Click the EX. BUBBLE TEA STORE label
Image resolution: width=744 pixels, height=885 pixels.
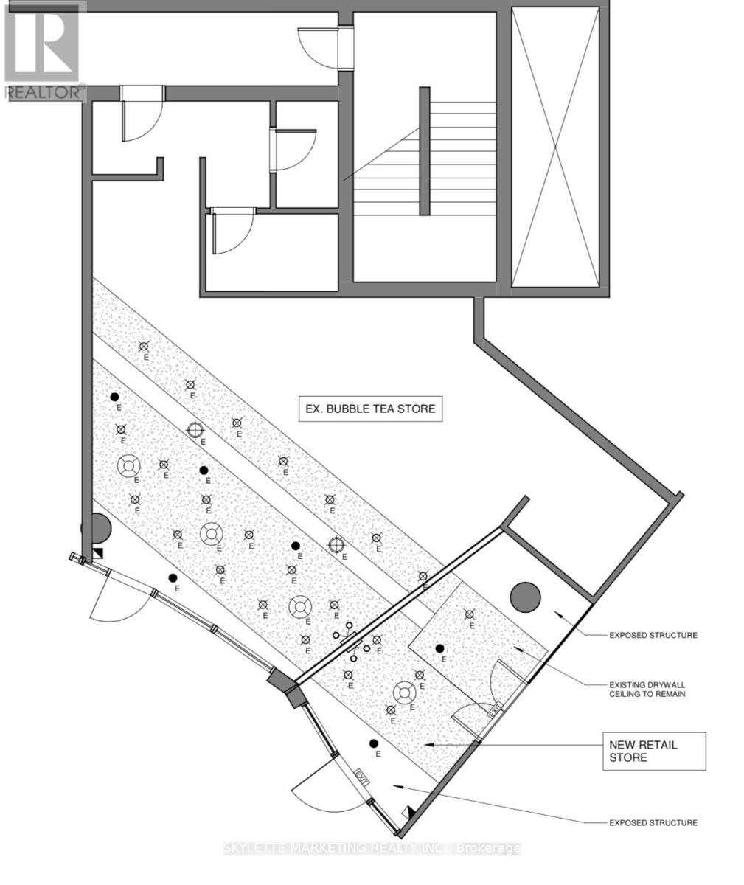click(x=370, y=408)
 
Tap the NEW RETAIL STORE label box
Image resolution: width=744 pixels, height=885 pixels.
click(x=654, y=751)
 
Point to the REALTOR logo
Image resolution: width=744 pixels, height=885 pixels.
click(x=43, y=50)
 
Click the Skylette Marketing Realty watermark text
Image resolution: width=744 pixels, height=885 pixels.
click(x=372, y=848)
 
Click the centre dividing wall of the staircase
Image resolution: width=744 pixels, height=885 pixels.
click(x=425, y=151)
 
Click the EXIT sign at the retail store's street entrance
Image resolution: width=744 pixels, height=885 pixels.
click(x=361, y=776)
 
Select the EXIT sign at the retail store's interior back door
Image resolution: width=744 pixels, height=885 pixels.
click(x=495, y=709)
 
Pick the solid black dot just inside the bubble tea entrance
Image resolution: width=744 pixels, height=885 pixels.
click(x=173, y=577)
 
